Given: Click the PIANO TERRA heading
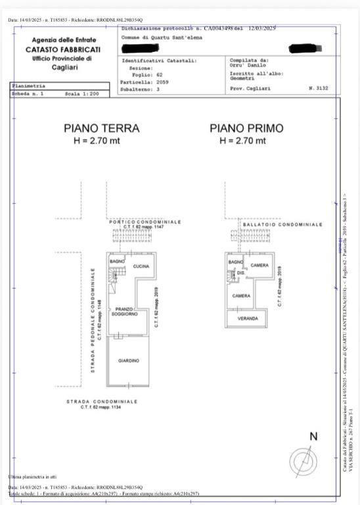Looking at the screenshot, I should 101,128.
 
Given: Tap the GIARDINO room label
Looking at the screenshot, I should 129,360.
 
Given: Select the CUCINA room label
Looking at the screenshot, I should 141,266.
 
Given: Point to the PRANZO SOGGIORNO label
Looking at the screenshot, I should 124,312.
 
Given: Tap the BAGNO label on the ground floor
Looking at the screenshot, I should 117,262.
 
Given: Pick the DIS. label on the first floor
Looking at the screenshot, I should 240,272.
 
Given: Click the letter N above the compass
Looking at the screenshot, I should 313,436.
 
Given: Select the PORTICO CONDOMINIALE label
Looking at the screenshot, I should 145,222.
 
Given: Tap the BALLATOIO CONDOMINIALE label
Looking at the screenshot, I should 282,224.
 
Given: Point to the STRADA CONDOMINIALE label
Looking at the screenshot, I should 102,401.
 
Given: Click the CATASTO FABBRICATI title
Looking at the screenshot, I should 63,49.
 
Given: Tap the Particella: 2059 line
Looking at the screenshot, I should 141,82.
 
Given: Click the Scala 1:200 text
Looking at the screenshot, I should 82,94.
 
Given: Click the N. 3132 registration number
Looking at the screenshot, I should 318,87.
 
